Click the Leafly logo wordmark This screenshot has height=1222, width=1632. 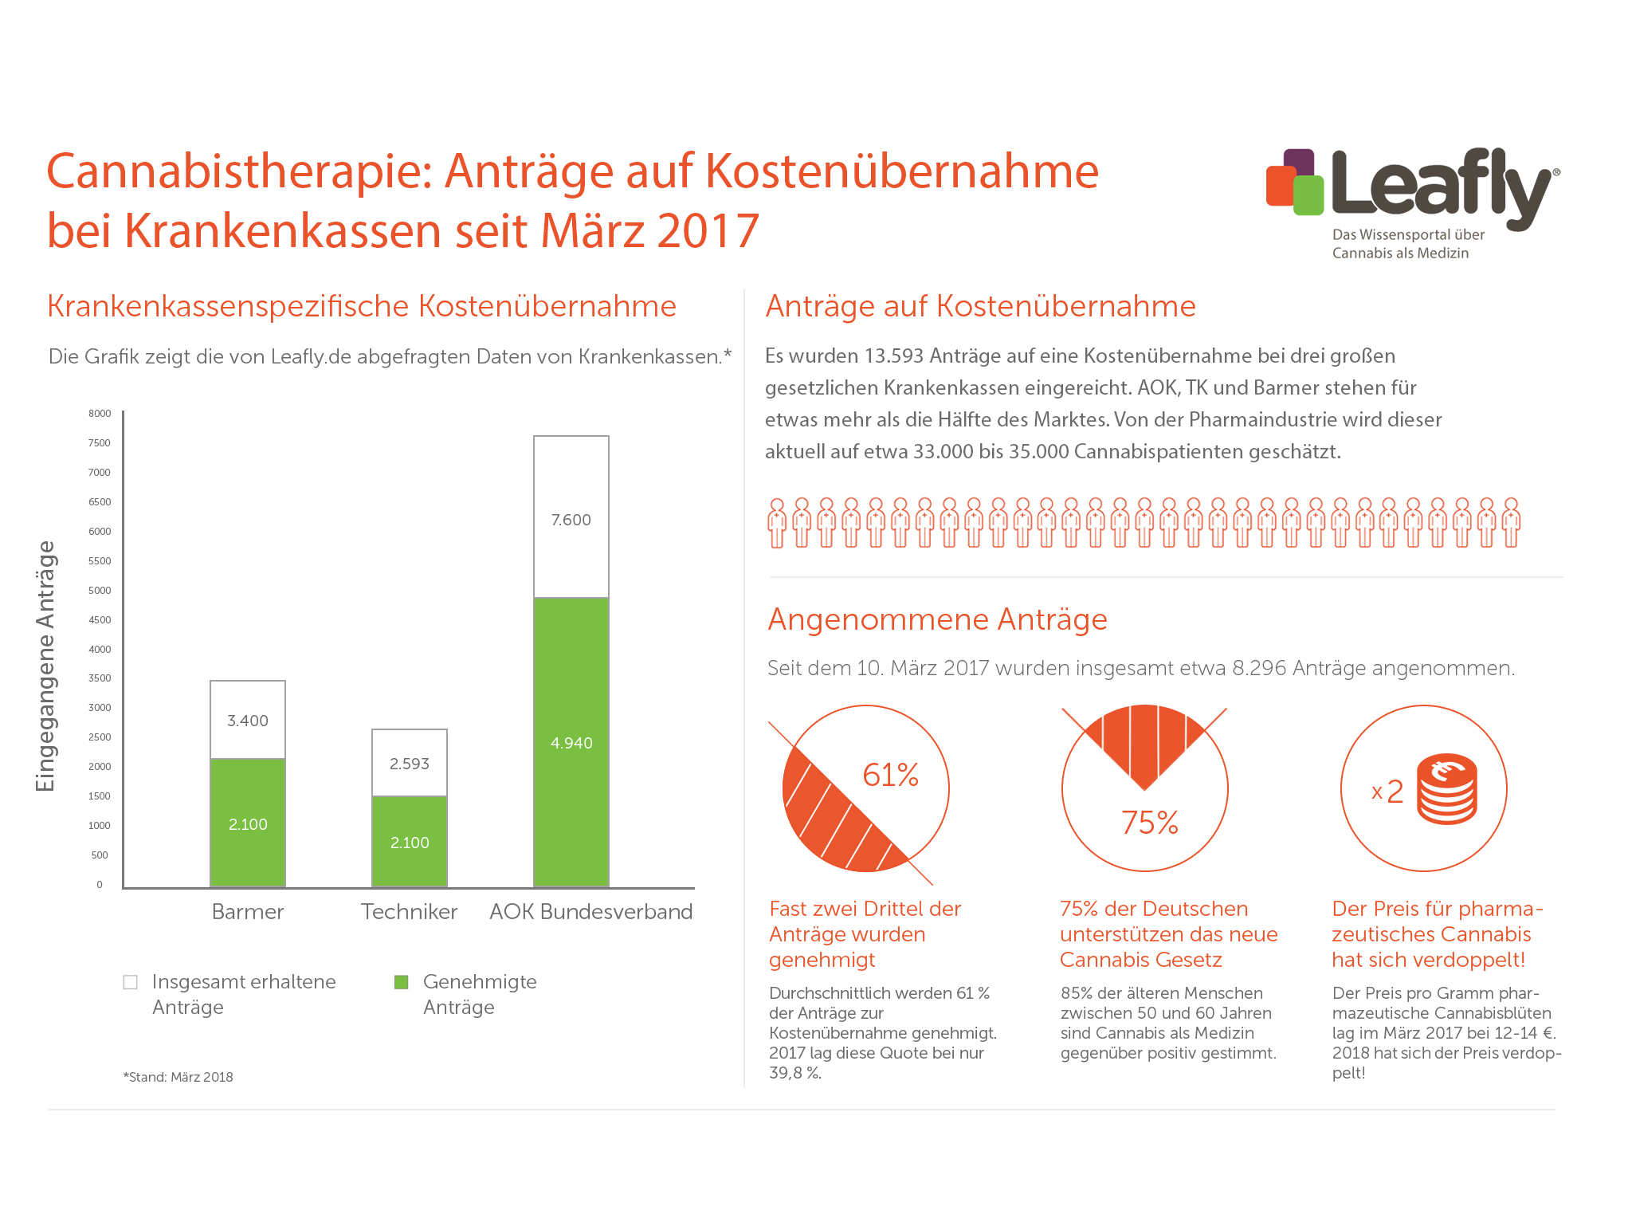coord(1441,185)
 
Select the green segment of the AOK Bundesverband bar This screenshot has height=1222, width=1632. coord(571,741)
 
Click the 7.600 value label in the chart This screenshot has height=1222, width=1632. coord(571,520)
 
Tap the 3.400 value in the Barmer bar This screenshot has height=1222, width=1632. coord(248,721)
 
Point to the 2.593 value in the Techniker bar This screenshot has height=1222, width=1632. coord(410,764)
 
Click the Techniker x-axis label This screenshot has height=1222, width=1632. coord(409,912)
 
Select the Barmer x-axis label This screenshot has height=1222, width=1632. coord(248,912)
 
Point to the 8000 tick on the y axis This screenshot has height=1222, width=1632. coord(100,414)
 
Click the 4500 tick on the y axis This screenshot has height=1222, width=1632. coord(100,620)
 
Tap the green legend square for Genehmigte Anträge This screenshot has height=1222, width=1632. coord(402,982)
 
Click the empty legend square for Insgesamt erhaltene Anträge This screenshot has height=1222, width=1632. coord(131,982)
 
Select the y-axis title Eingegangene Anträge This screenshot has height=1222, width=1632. coord(45,666)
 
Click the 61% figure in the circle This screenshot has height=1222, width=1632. coord(890,775)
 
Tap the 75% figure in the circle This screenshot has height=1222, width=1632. coord(1150,823)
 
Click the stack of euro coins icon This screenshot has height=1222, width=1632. coord(1447,789)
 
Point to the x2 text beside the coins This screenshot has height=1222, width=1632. coord(1387,792)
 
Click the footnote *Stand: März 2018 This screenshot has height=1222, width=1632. coord(178,1077)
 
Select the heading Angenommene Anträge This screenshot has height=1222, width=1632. coord(937,619)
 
